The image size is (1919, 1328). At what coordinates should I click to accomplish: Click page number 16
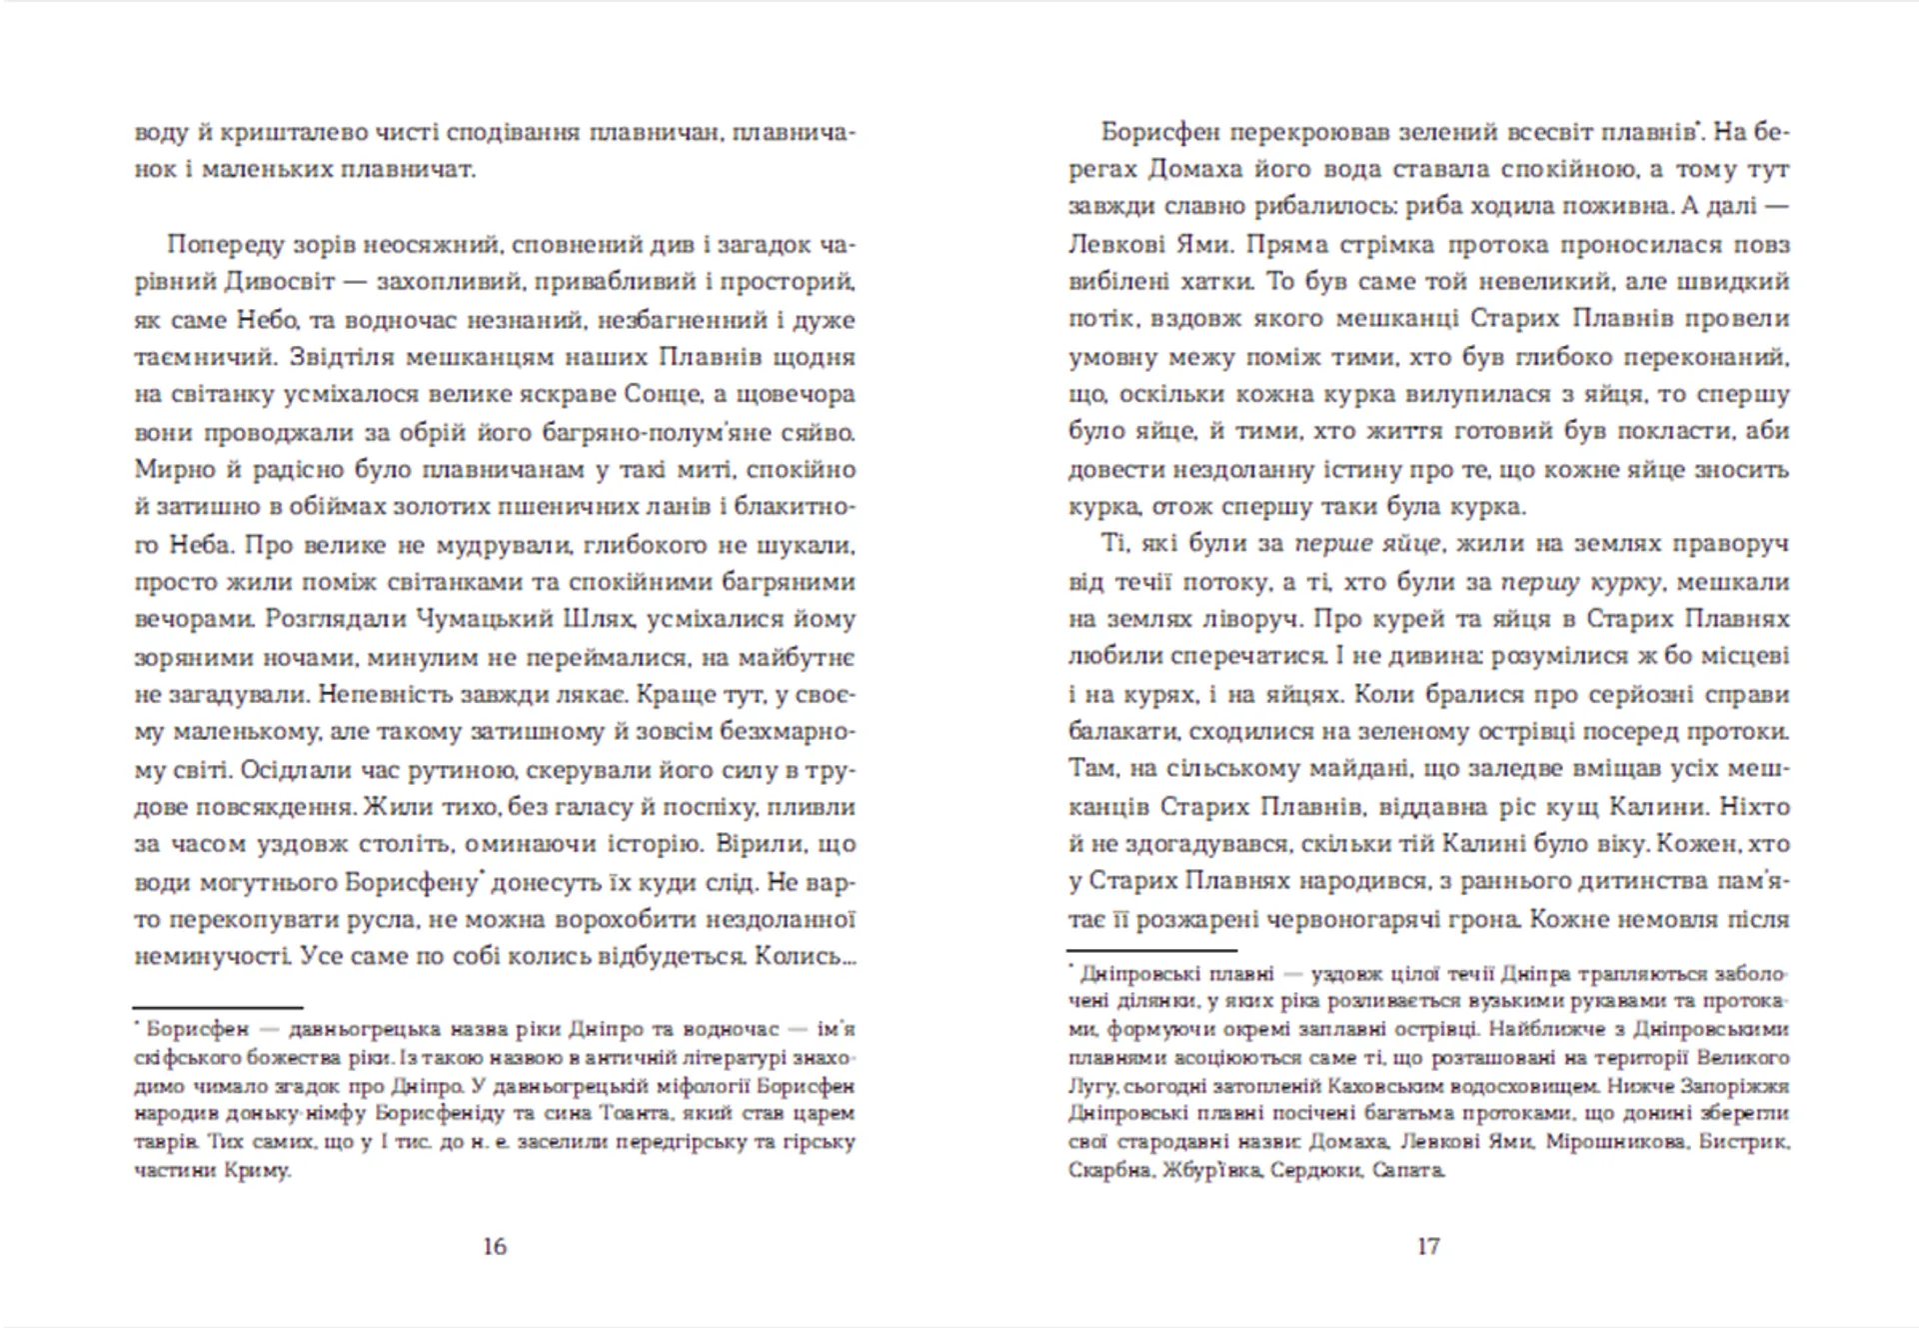pyautogui.click(x=495, y=1246)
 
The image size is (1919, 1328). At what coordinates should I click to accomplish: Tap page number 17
pyautogui.click(x=1428, y=1246)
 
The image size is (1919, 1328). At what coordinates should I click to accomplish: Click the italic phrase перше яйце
pyautogui.click(x=1366, y=544)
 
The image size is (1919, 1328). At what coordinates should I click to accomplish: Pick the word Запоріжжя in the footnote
pyautogui.click(x=1738, y=1086)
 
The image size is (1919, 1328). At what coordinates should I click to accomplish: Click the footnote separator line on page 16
pyautogui.click(x=218, y=1008)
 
